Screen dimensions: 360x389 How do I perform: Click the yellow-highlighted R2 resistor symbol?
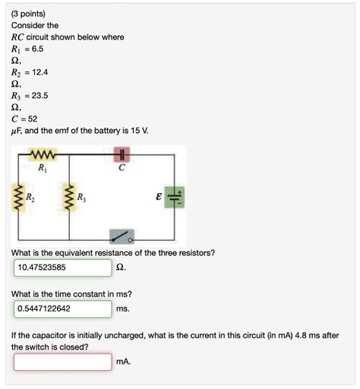pos(17,198)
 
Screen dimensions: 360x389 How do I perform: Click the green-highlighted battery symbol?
pos(175,199)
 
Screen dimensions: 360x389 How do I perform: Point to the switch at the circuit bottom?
pos(122,236)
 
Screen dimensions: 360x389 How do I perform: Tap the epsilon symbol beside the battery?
pos(159,198)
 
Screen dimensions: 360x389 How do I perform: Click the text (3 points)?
pos(28,13)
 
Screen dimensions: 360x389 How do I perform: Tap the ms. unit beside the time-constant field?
pos(123,309)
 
